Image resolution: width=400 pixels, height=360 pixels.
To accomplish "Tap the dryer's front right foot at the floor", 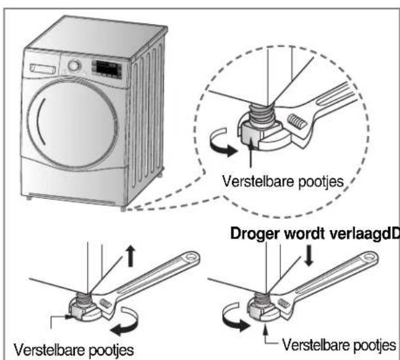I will coord(124,208).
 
